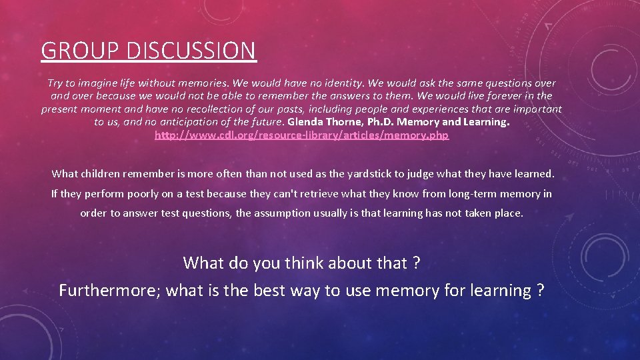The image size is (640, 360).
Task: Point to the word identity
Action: pyautogui.click(x=339, y=83)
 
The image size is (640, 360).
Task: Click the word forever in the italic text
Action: pyautogui.click(x=487, y=96)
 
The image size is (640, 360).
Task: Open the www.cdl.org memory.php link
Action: pyautogui.click(x=301, y=135)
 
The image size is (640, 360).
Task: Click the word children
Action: pyautogui.click(x=105, y=174)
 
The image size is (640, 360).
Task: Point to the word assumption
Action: pyautogui.click(x=288, y=213)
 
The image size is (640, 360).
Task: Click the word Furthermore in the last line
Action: pyautogui.click(x=109, y=291)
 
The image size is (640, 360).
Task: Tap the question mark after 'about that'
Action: pyautogui.click(x=416, y=263)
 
